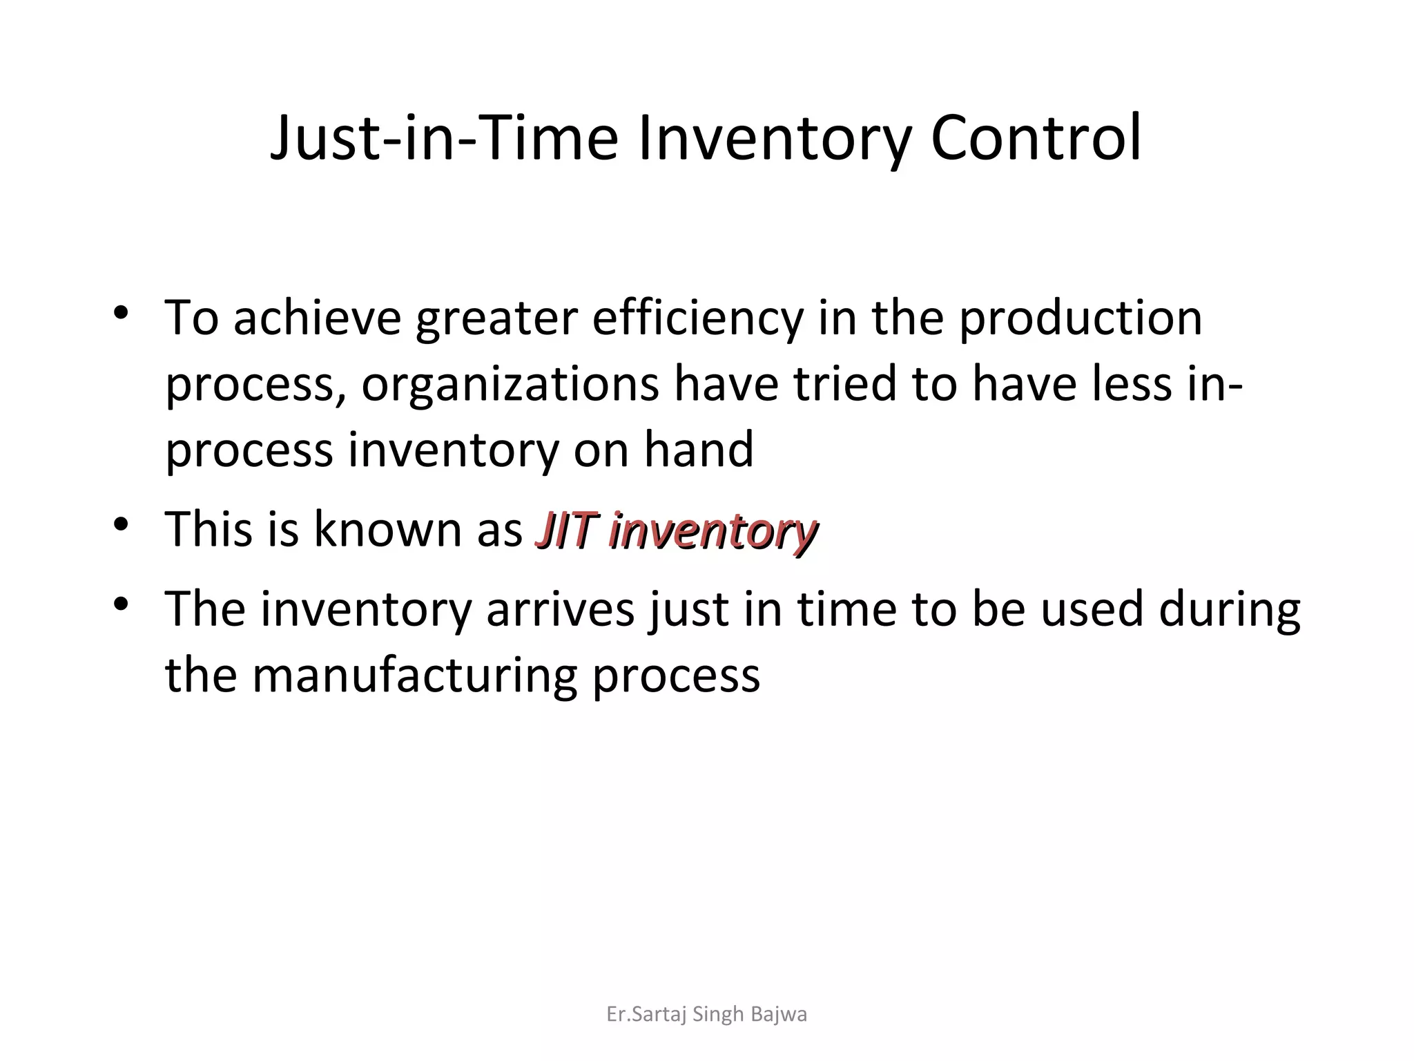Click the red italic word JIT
[x=565, y=530]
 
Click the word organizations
[x=510, y=384]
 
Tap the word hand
[x=698, y=449]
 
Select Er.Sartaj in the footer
[x=636, y=1014]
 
